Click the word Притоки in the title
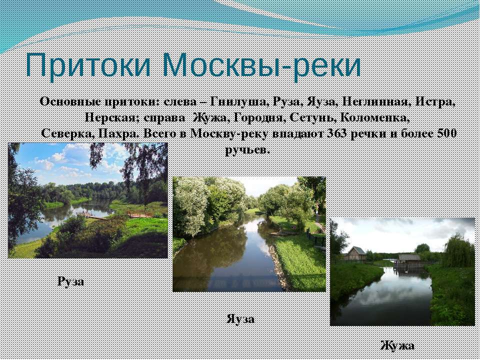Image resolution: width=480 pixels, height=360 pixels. [x=88, y=65]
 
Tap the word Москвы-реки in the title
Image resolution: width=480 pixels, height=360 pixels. [x=261, y=65]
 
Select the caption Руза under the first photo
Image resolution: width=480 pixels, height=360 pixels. [x=70, y=281]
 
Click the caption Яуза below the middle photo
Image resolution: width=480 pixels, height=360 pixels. [x=240, y=319]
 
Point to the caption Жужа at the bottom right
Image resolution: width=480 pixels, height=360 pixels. [x=397, y=345]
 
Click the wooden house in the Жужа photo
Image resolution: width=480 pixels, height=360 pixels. [x=355, y=253]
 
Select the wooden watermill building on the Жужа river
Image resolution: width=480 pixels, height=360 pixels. [x=409, y=260]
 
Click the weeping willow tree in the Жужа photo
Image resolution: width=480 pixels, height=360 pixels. [x=458, y=250]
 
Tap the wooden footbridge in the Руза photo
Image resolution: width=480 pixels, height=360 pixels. [x=140, y=214]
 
